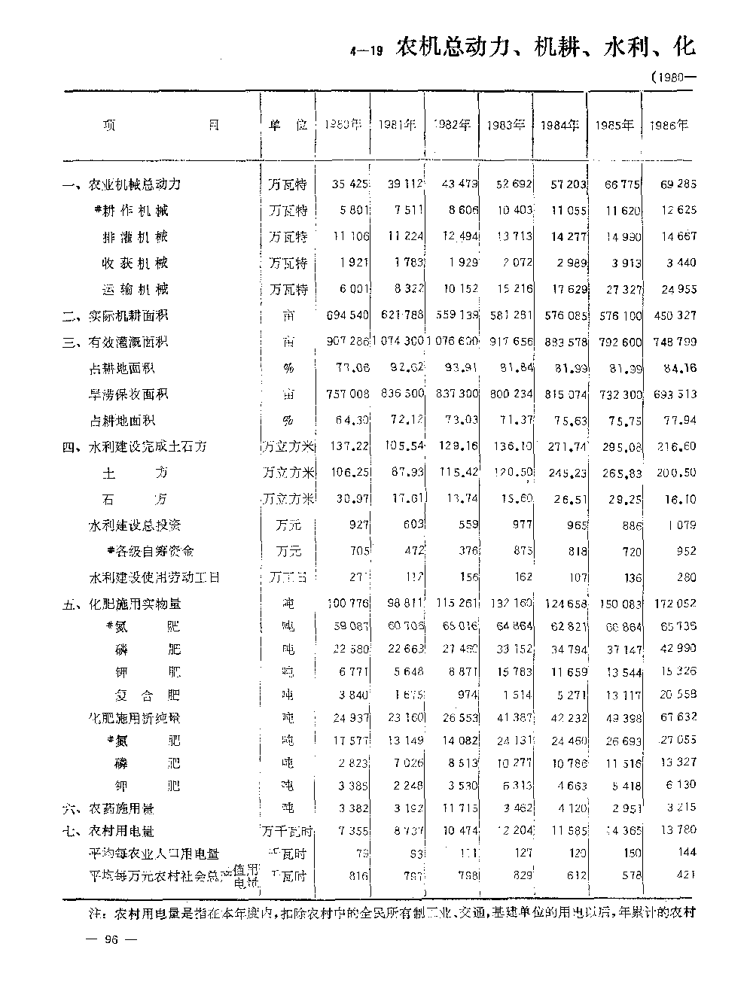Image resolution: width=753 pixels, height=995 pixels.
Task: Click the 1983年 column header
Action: click(x=505, y=126)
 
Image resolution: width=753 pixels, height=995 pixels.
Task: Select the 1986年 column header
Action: click(x=669, y=126)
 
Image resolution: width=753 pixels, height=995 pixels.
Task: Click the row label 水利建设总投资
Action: click(x=135, y=525)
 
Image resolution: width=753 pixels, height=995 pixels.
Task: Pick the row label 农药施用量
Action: click(x=120, y=809)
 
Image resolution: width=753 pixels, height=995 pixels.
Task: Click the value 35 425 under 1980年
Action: click(x=350, y=184)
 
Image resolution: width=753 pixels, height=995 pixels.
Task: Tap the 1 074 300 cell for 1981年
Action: click(x=398, y=342)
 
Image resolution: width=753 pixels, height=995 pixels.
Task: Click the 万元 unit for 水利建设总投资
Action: click(x=288, y=525)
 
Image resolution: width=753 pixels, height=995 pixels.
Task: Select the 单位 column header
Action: click(x=288, y=126)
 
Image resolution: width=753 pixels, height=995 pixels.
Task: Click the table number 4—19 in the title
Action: click(x=367, y=52)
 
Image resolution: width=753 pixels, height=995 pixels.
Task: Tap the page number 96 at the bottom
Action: click(x=111, y=939)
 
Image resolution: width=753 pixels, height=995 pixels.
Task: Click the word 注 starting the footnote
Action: click(x=96, y=914)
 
